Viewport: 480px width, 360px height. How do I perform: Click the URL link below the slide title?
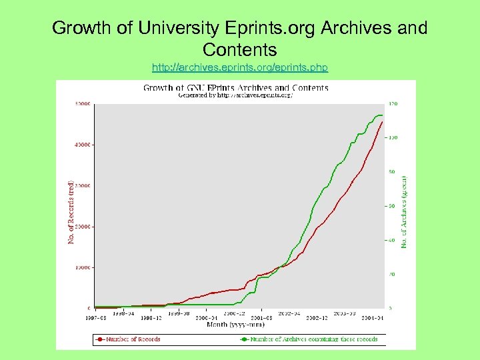tap(240, 68)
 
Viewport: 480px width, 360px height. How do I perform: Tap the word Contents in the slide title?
tap(240, 50)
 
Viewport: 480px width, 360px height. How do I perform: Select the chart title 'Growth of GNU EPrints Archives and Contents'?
tap(235, 87)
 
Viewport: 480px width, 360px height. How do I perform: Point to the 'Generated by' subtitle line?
tap(235, 95)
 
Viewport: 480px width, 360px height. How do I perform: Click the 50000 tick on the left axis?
tap(83, 104)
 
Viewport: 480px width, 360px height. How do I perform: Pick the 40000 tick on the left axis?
tap(83, 145)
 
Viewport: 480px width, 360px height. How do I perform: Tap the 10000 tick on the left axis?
tap(83, 267)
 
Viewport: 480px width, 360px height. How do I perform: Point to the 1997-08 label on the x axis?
tap(95, 318)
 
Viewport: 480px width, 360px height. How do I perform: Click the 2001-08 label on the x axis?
tap(262, 318)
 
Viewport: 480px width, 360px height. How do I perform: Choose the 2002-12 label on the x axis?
tap(317, 318)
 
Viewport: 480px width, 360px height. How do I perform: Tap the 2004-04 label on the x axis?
tap(373, 318)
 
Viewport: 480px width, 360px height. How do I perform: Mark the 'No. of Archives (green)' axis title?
tap(403, 212)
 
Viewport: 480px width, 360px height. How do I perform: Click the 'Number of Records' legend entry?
tap(131, 339)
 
